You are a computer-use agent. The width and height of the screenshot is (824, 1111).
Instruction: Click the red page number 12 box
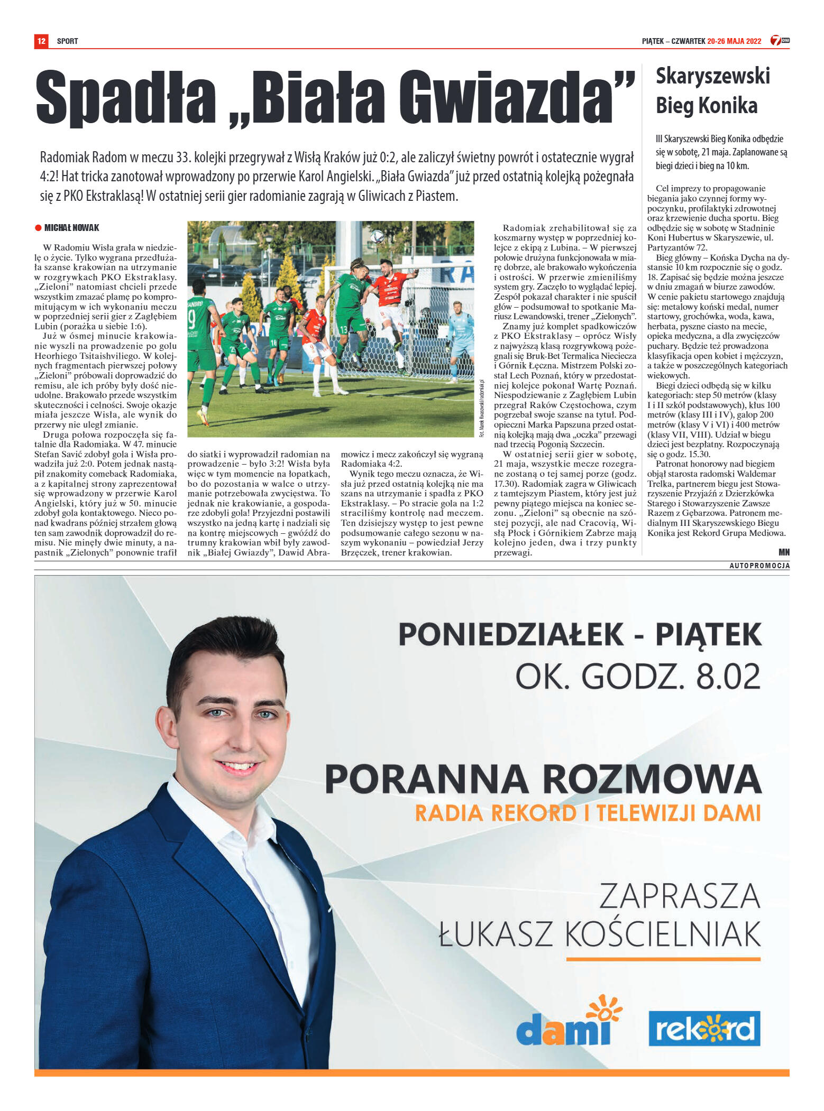pyautogui.click(x=41, y=41)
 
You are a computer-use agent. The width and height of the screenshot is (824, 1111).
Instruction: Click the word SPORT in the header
pyautogui.click(x=67, y=41)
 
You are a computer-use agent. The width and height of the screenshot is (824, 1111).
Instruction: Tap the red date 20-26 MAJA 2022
pyautogui.click(x=734, y=41)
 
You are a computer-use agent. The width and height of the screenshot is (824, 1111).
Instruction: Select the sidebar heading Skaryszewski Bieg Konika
pyautogui.click(x=712, y=90)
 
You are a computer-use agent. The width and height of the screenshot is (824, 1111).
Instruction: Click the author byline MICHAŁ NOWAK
pyautogui.click(x=72, y=228)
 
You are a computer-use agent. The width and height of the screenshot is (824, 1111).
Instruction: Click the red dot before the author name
pyautogui.click(x=38, y=228)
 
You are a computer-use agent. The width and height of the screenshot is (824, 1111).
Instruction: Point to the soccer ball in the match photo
pyautogui.click(x=377, y=236)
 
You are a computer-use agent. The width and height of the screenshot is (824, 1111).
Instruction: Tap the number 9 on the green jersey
pyautogui.click(x=191, y=320)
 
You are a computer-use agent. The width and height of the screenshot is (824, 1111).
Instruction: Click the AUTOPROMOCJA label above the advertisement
pyautogui.click(x=759, y=566)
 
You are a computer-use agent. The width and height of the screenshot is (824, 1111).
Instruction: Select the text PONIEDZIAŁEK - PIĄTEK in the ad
pyautogui.click(x=580, y=634)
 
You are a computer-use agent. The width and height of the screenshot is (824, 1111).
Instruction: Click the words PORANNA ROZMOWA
pyautogui.click(x=543, y=779)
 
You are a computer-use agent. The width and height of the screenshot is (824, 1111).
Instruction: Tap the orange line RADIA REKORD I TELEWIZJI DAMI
pyautogui.click(x=587, y=813)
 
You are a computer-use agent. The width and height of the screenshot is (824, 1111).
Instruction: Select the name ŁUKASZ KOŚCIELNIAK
pyautogui.click(x=599, y=933)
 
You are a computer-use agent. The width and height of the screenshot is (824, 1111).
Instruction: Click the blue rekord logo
pyautogui.click(x=704, y=1029)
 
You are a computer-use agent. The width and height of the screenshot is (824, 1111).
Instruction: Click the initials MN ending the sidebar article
pyautogui.click(x=784, y=552)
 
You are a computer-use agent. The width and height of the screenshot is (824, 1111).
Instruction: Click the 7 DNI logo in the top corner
pyautogui.click(x=780, y=41)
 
